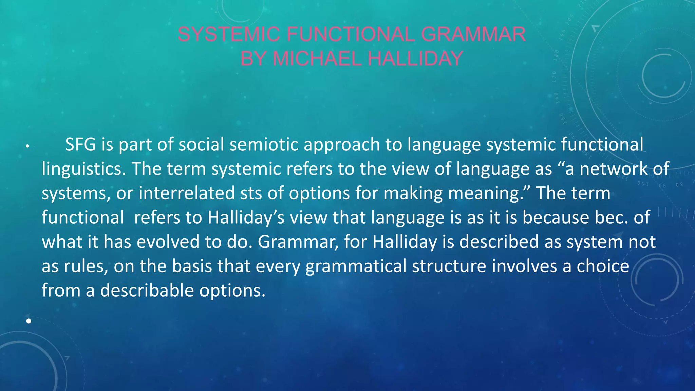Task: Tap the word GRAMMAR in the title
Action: (x=473, y=34)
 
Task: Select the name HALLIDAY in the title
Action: (x=415, y=58)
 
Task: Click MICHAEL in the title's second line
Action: (x=317, y=58)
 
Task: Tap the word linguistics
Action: (x=83, y=169)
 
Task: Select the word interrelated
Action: (x=186, y=193)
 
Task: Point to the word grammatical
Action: (x=356, y=266)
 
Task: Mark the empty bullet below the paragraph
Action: (x=29, y=321)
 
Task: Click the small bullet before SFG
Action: (x=27, y=147)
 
